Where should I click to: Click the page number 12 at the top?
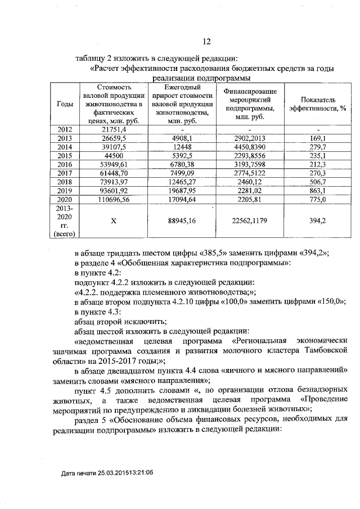pyautogui.click(x=206, y=41)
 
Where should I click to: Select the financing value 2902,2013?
pyautogui.click(x=250, y=138)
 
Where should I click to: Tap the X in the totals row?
pyautogui.click(x=114, y=221)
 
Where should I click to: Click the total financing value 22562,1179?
pyautogui.click(x=250, y=221)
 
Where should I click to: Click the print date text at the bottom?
pyautogui.click(x=107, y=474)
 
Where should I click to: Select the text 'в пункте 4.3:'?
pyautogui.click(x=98, y=312)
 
